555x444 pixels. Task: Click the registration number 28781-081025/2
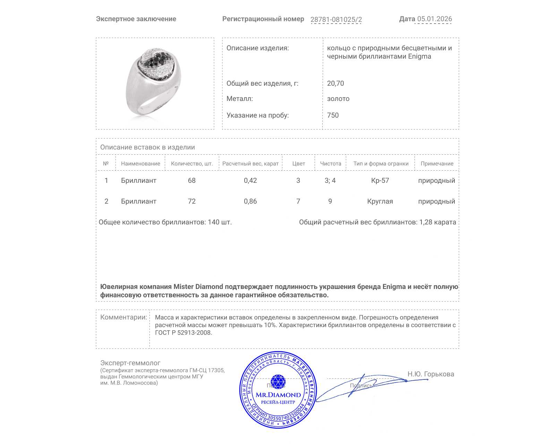tap(336, 19)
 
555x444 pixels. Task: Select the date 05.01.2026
tap(434, 19)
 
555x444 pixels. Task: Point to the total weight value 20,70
tap(335, 83)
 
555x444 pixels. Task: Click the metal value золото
tap(338, 99)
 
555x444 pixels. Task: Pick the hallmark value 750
tap(333, 115)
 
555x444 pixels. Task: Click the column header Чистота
tap(330, 163)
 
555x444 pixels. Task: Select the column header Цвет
tap(298, 163)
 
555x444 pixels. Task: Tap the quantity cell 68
tap(191, 180)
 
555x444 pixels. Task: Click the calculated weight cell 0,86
tap(250, 201)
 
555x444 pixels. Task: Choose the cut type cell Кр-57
tap(380, 180)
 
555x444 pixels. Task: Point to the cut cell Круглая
tap(380, 201)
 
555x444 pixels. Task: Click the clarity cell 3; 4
tap(330, 180)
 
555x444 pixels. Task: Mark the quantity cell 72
tap(191, 201)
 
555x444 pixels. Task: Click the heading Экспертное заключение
tap(136, 19)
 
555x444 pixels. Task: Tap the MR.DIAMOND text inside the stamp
tap(278, 395)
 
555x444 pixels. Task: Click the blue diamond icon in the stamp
tap(278, 381)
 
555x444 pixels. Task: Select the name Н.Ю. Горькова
tap(430, 374)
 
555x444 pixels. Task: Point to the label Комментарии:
tap(123, 317)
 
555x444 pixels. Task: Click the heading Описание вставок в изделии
tap(147, 147)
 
